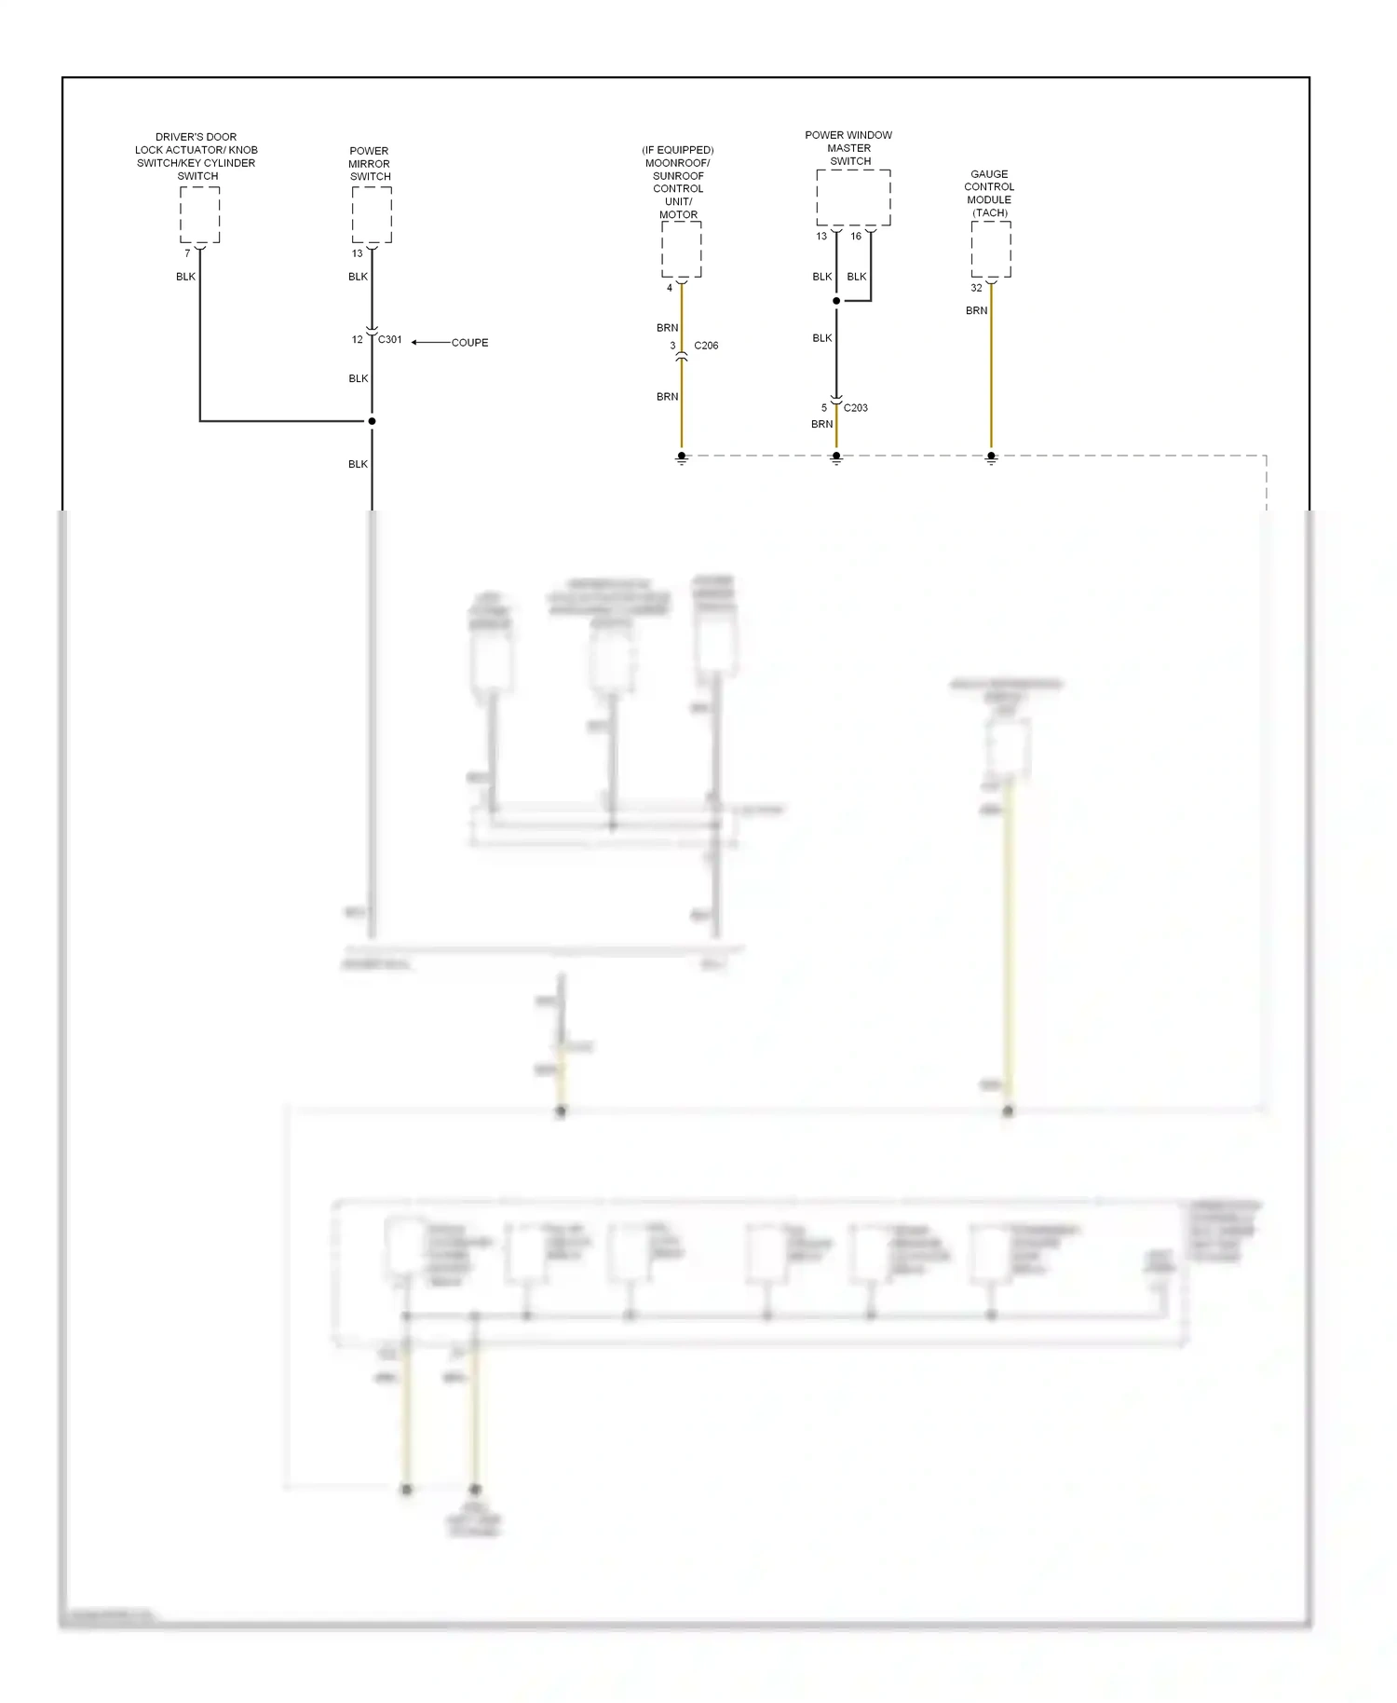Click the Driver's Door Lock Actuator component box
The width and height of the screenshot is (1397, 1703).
click(x=199, y=214)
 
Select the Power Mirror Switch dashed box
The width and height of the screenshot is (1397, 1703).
click(x=372, y=214)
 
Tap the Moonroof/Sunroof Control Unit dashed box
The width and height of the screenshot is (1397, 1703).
click(x=681, y=249)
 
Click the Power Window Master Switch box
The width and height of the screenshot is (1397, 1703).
click(x=853, y=198)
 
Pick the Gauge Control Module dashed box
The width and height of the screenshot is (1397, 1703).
click(x=991, y=249)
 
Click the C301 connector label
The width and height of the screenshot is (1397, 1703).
click(x=390, y=340)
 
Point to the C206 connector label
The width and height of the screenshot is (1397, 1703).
click(x=706, y=346)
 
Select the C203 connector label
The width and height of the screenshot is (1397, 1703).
click(x=856, y=408)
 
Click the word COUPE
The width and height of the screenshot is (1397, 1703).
click(x=469, y=343)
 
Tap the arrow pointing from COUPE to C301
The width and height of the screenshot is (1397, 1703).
click(x=429, y=343)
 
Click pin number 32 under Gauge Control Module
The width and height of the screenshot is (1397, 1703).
click(x=976, y=288)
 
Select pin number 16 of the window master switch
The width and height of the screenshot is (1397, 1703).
click(x=856, y=237)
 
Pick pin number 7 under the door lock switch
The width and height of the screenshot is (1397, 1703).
click(x=187, y=253)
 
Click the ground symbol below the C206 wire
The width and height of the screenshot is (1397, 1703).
click(x=682, y=458)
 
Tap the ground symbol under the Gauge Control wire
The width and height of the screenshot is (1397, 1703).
click(x=991, y=458)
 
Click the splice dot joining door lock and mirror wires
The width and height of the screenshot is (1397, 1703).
click(x=372, y=421)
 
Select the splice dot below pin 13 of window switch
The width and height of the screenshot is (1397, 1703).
click(x=836, y=301)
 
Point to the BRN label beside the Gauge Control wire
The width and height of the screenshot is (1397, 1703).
click(x=976, y=311)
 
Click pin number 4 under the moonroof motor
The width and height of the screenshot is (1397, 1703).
click(x=670, y=288)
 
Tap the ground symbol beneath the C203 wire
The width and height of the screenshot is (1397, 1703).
click(x=836, y=458)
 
